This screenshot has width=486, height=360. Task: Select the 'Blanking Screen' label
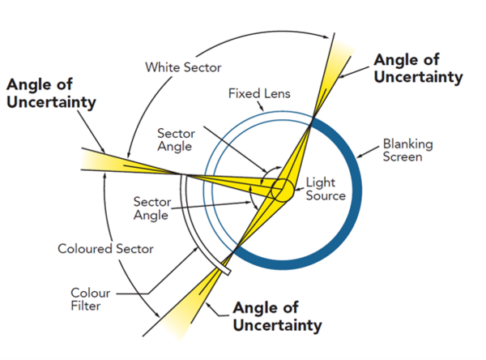pyautogui.click(x=407, y=150)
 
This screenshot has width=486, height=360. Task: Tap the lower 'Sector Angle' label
pyautogui.click(x=150, y=208)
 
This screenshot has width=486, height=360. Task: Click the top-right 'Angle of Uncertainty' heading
pyautogui.click(x=417, y=69)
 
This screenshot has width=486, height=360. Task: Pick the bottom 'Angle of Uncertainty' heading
pyautogui.click(x=277, y=317)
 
